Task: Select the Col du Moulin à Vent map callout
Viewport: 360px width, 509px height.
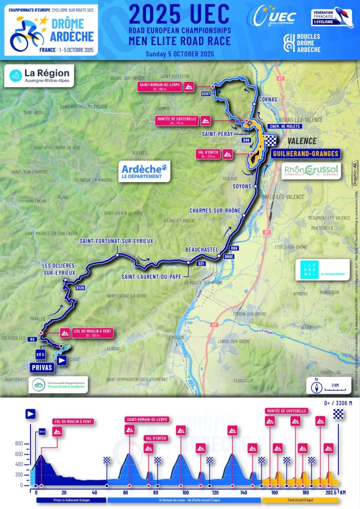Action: pyautogui.click(x=84, y=332)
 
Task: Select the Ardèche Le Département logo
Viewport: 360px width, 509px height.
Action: pyautogui.click(x=144, y=170)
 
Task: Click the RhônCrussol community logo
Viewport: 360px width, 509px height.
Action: pyautogui.click(x=311, y=171)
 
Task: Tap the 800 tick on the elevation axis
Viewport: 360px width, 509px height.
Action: pyautogui.click(x=19, y=443)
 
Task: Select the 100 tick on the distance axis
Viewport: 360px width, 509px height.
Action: pyautogui.click(x=185, y=492)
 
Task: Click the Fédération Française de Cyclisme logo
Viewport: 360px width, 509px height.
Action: pyautogui.click(x=332, y=17)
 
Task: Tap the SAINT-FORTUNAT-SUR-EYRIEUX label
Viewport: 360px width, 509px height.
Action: pyautogui.click(x=116, y=241)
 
